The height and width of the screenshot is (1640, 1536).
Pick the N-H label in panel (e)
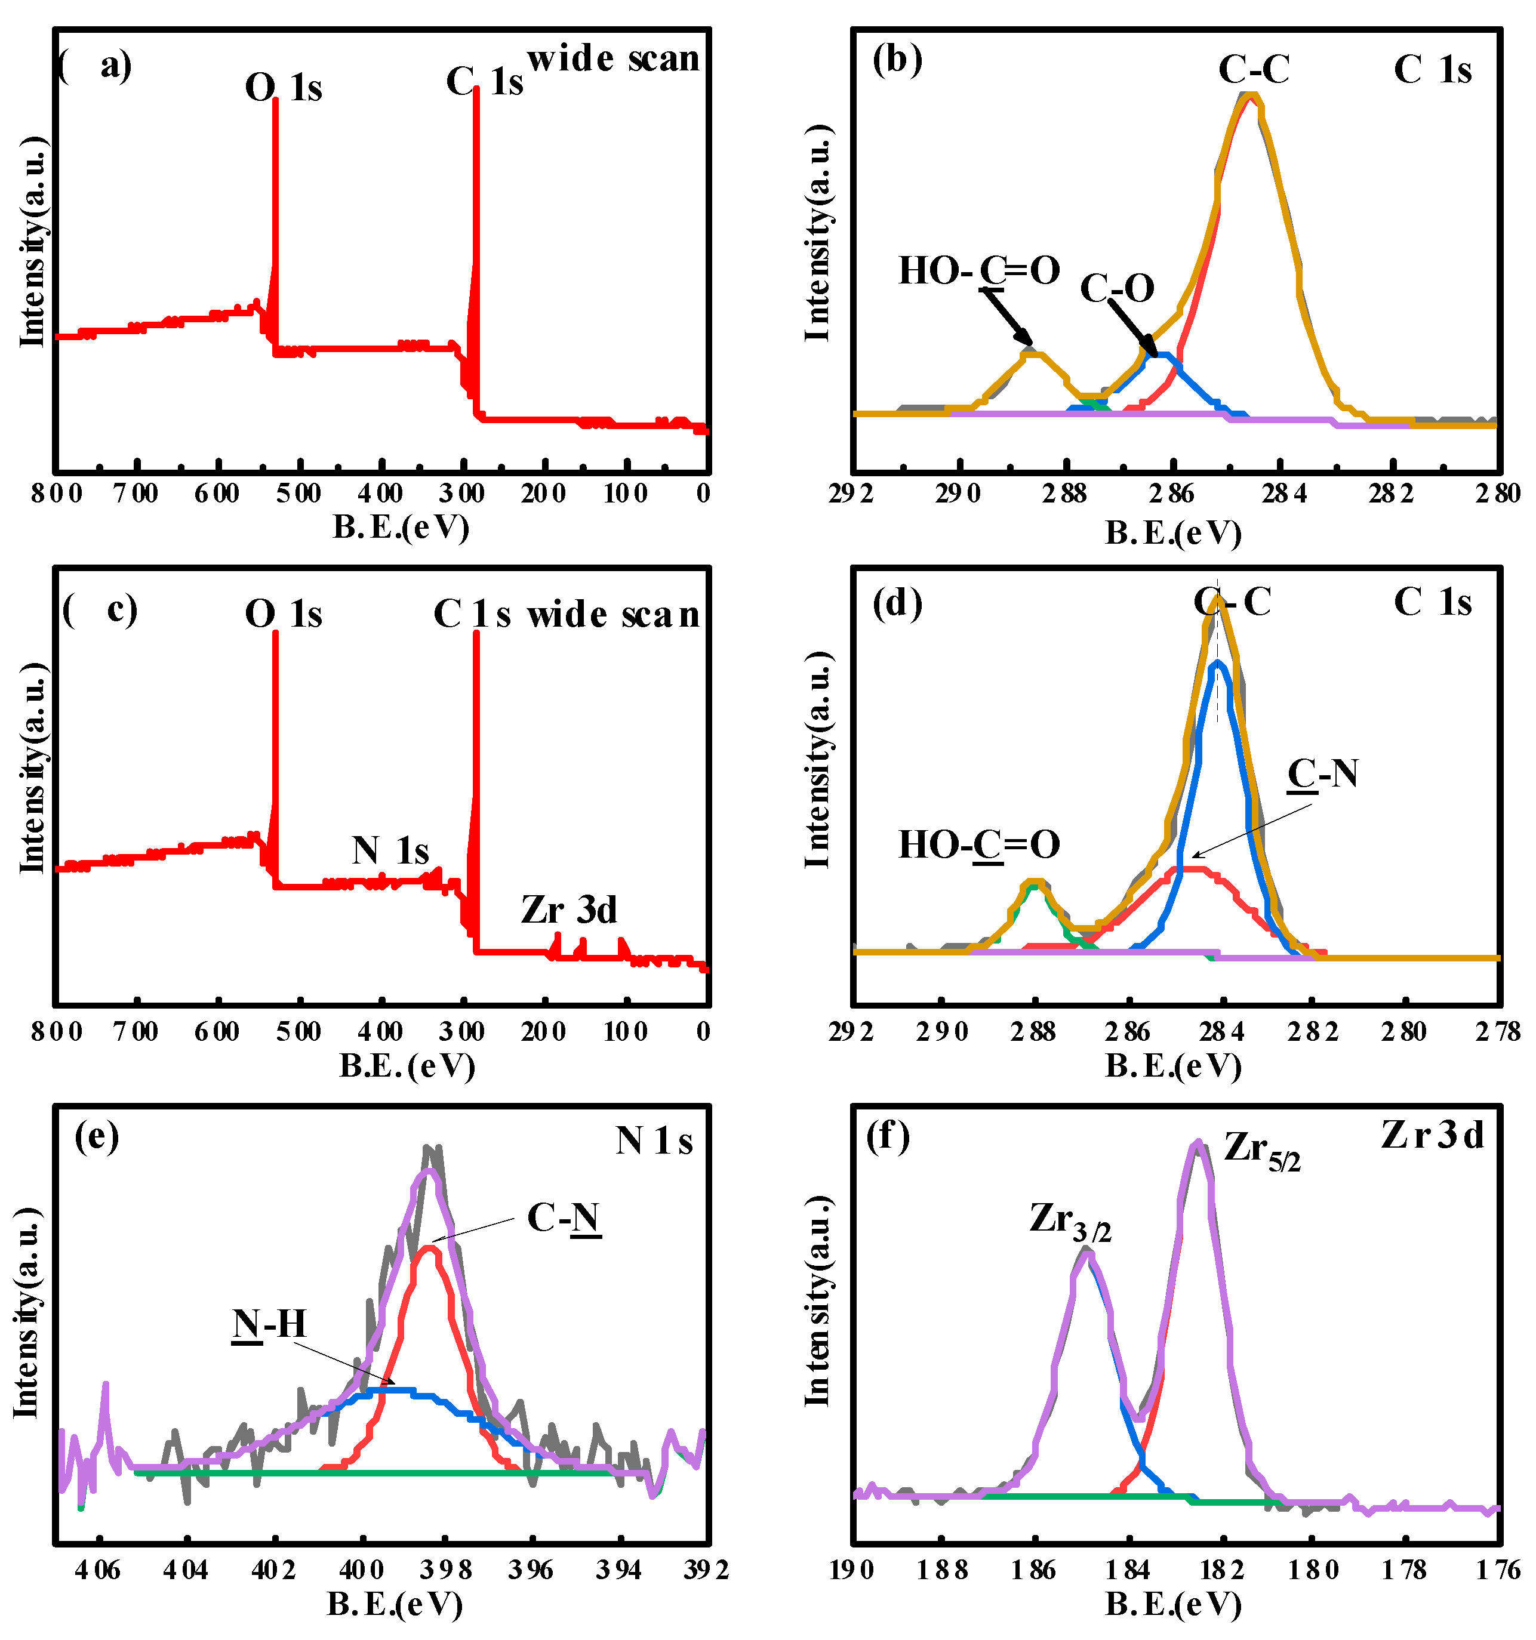pyautogui.click(x=269, y=1324)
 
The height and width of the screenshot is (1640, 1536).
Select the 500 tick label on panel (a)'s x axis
pyautogui.click(x=298, y=494)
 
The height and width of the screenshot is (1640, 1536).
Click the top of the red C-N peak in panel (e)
pyautogui.click(x=429, y=1248)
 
